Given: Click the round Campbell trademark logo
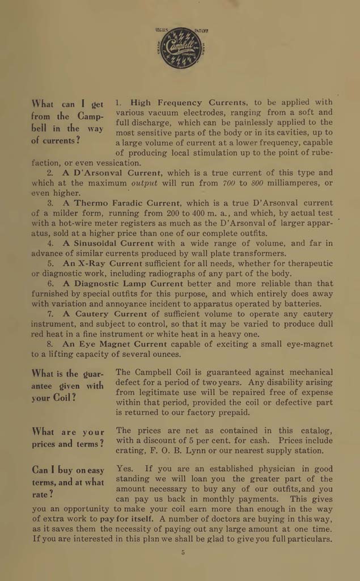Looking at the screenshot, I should click(x=181, y=48).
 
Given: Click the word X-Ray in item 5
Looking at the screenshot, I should click(x=91, y=264).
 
